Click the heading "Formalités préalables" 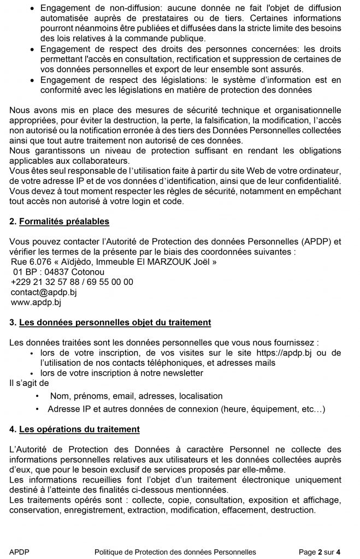64,221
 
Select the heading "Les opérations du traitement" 79,430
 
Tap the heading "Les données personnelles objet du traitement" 115,323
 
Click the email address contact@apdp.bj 44,292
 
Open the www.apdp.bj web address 36,302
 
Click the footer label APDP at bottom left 19,552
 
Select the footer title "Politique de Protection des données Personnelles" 175,552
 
